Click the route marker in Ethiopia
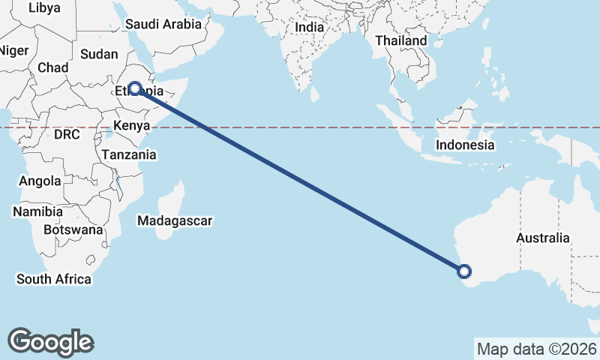[x=135, y=88]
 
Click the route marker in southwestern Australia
[x=464, y=271]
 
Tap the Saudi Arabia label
[x=163, y=24]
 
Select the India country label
[x=310, y=27]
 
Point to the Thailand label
[x=400, y=40]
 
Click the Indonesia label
[x=465, y=145]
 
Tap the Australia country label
[x=542, y=238]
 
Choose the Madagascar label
[x=175, y=221]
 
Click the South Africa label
[x=54, y=279]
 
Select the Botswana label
[x=73, y=229]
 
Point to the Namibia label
[x=37, y=212]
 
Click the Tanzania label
[x=129, y=155]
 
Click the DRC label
[x=67, y=134]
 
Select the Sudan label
[x=99, y=54]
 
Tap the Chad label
[x=52, y=67]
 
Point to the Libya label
[x=43, y=7]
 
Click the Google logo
[x=51, y=342]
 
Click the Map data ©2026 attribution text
[x=537, y=349]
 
